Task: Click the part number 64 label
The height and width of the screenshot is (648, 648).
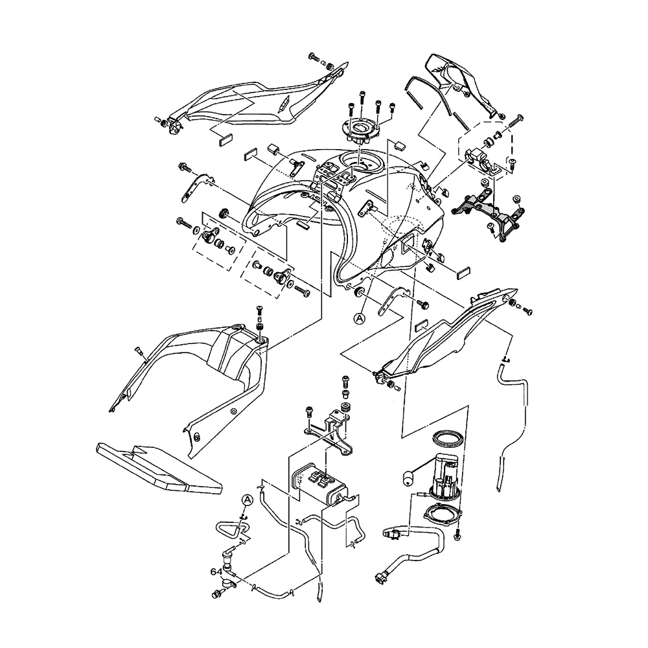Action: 216,572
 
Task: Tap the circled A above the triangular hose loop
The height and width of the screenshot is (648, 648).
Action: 248,499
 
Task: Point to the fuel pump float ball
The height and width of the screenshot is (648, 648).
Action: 408,478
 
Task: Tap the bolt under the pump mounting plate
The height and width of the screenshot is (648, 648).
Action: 459,534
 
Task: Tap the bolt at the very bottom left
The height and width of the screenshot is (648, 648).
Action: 216,593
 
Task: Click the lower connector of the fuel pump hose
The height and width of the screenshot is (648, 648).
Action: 380,575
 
